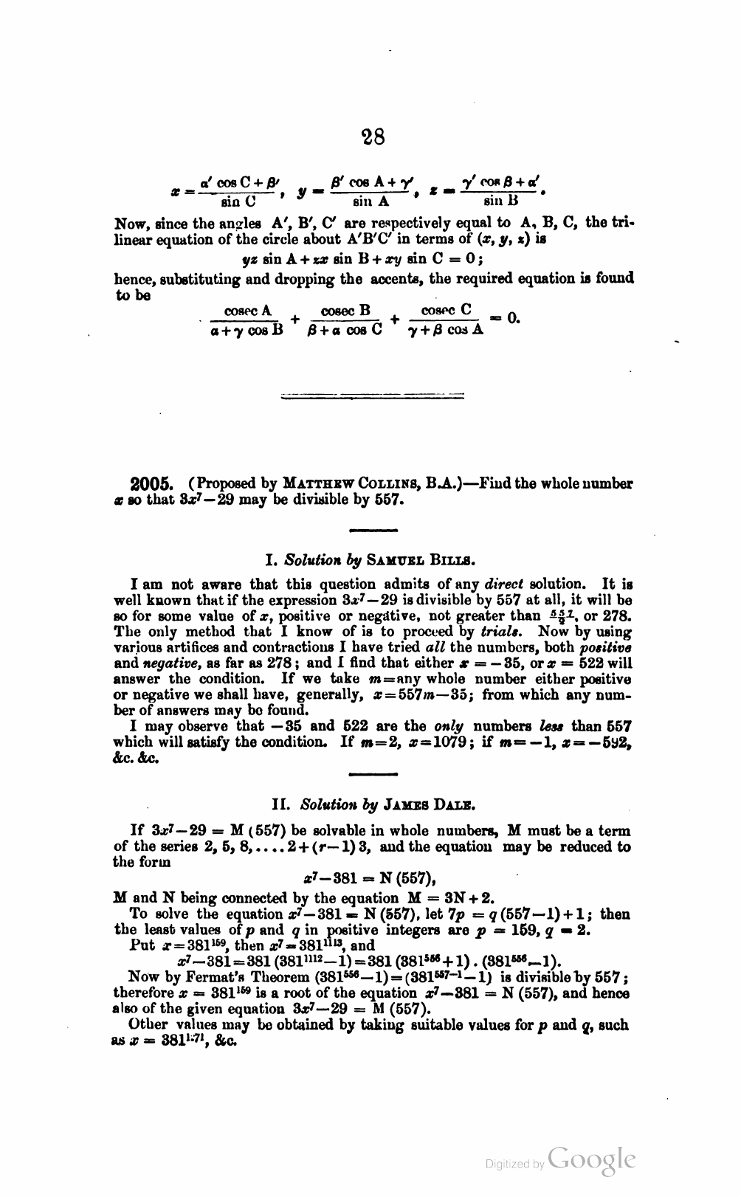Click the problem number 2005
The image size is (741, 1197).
click(x=151, y=485)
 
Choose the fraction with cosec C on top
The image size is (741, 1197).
click(x=446, y=320)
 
